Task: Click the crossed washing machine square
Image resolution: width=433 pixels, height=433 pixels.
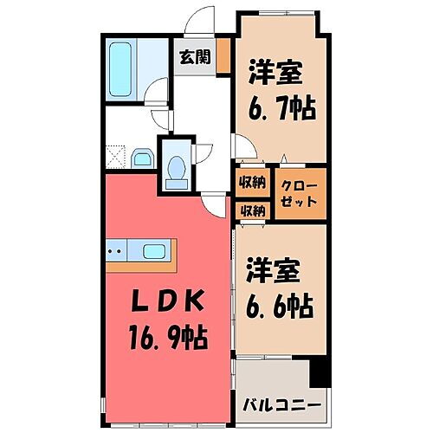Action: click(115, 157)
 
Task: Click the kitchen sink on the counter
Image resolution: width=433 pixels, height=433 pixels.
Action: click(156, 253)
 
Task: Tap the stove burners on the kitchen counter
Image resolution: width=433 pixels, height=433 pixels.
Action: click(115, 253)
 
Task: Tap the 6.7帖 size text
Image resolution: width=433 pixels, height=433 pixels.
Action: click(282, 108)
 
